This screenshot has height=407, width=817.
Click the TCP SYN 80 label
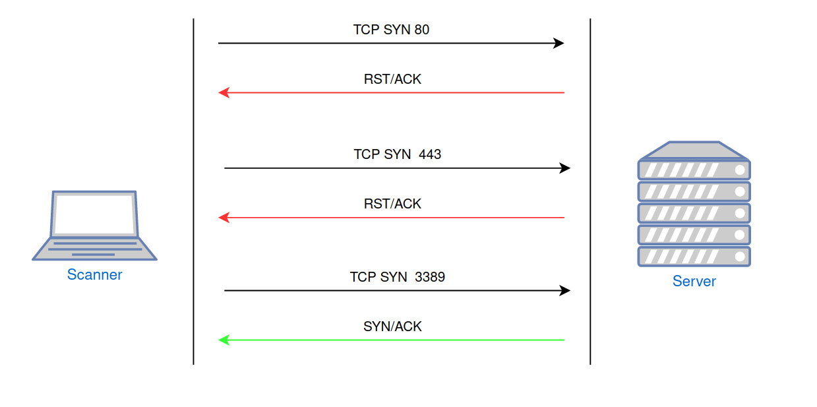(x=391, y=30)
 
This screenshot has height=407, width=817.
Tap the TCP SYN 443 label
(x=397, y=154)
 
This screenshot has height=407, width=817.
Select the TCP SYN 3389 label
(x=397, y=277)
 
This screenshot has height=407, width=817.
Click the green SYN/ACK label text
(x=392, y=327)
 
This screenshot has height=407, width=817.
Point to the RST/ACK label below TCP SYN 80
(x=392, y=79)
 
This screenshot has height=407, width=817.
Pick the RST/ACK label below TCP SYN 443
(x=392, y=204)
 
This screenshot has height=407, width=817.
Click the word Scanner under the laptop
(x=94, y=274)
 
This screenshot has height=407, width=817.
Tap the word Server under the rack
(x=694, y=282)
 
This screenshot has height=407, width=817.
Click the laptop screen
(x=94, y=214)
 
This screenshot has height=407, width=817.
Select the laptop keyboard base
(x=94, y=249)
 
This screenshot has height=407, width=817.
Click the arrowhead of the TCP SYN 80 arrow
(x=559, y=44)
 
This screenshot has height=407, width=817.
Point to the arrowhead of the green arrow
(x=224, y=340)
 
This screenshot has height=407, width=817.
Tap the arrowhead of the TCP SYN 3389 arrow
(x=565, y=290)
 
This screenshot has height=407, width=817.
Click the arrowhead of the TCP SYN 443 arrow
(x=565, y=168)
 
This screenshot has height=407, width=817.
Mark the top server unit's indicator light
(x=741, y=170)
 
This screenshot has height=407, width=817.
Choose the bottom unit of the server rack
(x=694, y=257)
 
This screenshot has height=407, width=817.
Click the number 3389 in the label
(x=430, y=277)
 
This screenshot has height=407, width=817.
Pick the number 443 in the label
(x=430, y=154)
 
